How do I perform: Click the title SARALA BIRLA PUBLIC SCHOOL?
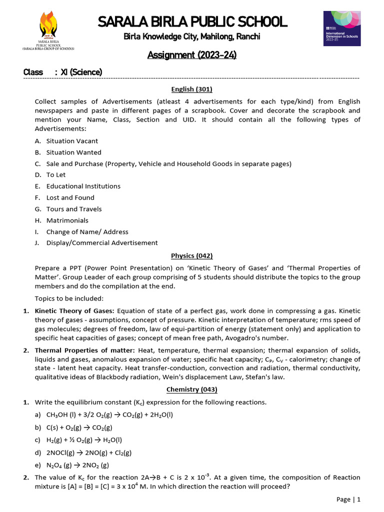click(192, 21)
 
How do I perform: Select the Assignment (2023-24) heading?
click(192, 54)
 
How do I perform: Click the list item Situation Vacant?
click(72, 141)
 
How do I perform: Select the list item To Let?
click(56, 175)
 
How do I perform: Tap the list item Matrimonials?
click(67, 220)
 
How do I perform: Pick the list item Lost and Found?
click(70, 197)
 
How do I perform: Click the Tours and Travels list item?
click(74, 209)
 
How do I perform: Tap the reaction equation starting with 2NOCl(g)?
click(89, 452)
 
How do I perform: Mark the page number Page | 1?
click(348, 499)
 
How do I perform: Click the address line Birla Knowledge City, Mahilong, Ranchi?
click(192, 37)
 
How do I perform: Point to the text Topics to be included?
click(69, 298)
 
